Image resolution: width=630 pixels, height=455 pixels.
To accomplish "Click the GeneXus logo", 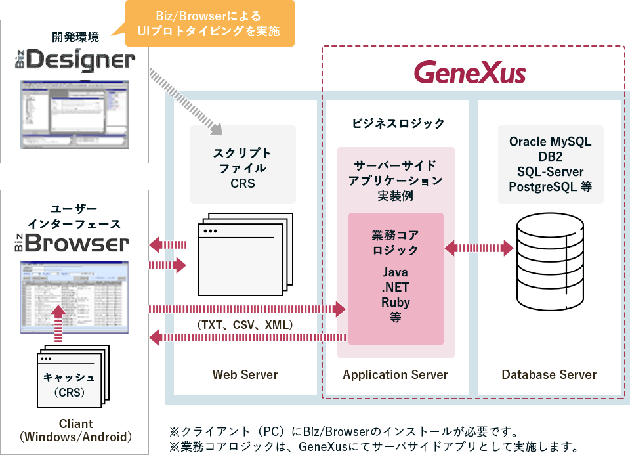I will point(470,72).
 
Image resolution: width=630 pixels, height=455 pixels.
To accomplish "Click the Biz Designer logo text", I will point(75,61).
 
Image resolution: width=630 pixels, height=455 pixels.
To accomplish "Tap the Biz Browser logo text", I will point(73,244).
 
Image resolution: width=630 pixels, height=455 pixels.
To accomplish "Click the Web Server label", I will point(245,375).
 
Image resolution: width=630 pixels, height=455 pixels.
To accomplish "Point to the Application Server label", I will point(395,375).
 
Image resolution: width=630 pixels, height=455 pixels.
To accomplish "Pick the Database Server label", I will point(549,375).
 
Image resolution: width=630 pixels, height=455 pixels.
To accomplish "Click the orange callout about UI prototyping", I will point(209,24).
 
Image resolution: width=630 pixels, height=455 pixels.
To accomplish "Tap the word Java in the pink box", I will point(395,272).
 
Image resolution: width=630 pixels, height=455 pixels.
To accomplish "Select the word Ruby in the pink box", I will point(395,302).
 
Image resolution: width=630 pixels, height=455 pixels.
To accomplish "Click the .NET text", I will point(395,288).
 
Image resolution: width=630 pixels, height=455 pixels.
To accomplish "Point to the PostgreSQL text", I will point(543,186).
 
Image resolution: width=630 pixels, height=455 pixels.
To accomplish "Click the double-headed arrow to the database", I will point(479,248).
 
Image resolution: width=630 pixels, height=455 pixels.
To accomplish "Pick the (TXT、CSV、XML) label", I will point(244,325).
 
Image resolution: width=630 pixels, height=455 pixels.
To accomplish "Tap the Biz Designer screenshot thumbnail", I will point(75,113).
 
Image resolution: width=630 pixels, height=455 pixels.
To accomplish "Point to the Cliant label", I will point(75,423).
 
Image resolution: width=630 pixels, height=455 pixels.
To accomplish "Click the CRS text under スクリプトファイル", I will point(243,183).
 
